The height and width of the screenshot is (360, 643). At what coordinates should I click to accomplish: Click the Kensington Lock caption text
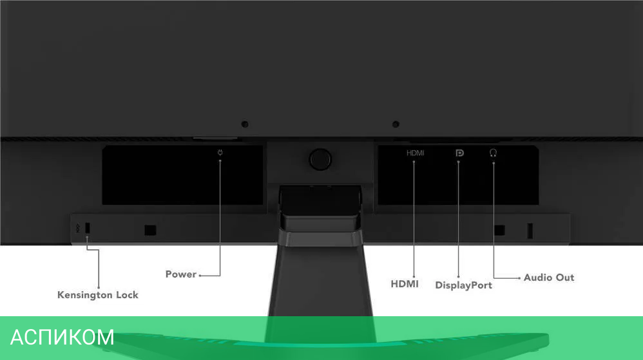pos(98,295)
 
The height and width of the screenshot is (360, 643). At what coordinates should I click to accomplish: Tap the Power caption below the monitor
pos(180,274)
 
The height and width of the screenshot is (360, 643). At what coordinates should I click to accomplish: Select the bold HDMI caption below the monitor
pos(405,283)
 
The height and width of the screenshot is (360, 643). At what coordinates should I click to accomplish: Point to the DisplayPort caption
pos(463,285)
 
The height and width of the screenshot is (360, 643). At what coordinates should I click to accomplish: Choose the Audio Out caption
pos(548,278)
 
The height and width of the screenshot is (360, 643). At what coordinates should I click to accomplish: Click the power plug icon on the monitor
pos(220,153)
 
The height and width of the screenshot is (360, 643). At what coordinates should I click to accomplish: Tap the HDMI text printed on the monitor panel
pos(415,153)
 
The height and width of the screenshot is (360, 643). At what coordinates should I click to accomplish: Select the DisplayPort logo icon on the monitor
pos(459,153)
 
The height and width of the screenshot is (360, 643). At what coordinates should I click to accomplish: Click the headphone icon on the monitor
pos(494,153)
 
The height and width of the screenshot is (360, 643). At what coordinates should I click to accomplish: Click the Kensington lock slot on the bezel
pos(88,228)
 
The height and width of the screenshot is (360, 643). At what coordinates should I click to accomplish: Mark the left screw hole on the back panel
pos(245,124)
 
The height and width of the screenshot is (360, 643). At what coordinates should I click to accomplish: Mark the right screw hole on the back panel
pos(396,124)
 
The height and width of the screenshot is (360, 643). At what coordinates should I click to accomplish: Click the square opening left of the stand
pos(150,229)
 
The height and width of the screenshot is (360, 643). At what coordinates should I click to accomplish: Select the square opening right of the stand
pos(499,229)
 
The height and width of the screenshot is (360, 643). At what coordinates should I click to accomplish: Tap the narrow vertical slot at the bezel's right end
pos(531,229)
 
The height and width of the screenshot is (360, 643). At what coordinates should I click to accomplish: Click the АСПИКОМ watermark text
pos(62,337)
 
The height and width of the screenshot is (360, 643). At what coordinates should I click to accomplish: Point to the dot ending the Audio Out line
pos(519,278)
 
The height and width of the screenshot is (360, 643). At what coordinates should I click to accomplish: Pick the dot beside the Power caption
pos(200,275)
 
